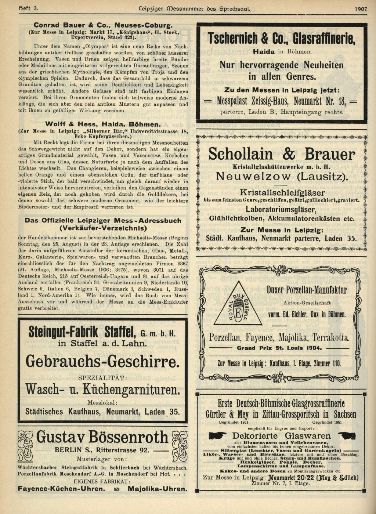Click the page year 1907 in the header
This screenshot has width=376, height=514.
(x=361, y=9)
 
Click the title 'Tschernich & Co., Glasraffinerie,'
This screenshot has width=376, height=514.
(x=281, y=39)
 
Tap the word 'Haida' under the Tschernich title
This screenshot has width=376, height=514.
(x=264, y=52)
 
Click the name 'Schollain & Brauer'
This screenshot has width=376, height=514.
(x=281, y=154)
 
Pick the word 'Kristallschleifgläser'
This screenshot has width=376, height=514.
(x=282, y=192)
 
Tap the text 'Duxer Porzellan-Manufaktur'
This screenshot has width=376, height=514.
(x=306, y=290)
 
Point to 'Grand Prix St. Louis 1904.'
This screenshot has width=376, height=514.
(x=279, y=348)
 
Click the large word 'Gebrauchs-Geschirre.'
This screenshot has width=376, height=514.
(x=103, y=362)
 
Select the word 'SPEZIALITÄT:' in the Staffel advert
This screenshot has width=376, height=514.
(x=103, y=378)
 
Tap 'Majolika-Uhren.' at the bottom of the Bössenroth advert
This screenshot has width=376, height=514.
(x=157, y=489)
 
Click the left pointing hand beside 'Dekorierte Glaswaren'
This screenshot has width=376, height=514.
(x=218, y=436)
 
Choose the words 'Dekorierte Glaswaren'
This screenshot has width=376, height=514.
(x=281, y=436)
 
